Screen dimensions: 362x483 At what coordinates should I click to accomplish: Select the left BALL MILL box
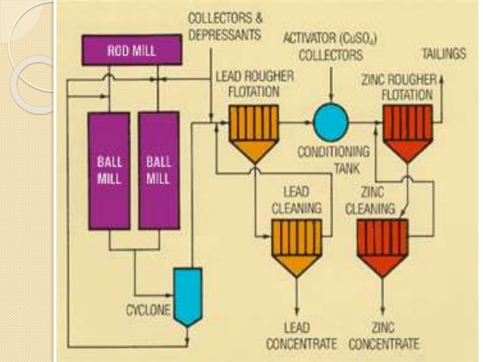107,170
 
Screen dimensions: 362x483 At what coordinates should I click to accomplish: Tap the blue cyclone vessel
188,294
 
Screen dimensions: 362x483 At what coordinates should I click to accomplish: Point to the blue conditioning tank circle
331,119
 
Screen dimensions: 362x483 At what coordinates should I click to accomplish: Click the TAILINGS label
441,55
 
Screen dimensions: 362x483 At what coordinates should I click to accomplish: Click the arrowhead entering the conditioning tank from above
331,98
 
